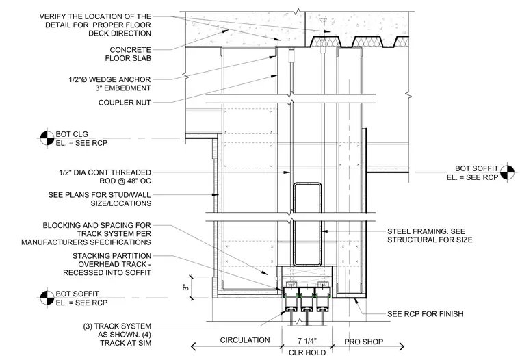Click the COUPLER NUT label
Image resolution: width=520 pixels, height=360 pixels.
(x=125, y=103)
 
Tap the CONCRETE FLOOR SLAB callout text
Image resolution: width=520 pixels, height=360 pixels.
(x=128, y=54)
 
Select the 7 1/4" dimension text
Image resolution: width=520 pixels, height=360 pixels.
(x=307, y=341)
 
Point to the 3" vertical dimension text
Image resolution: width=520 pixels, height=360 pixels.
(x=185, y=287)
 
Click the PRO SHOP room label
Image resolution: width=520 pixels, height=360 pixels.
(x=363, y=342)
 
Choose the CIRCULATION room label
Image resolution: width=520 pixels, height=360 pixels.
(x=245, y=340)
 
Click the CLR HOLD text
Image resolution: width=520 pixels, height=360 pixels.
(x=307, y=352)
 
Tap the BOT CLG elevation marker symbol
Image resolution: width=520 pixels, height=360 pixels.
(x=47, y=138)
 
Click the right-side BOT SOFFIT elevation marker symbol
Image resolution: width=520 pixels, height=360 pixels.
(x=508, y=172)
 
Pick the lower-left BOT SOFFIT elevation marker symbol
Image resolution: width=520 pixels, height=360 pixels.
(x=47, y=298)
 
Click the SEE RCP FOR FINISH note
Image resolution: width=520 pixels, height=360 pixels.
(x=425, y=314)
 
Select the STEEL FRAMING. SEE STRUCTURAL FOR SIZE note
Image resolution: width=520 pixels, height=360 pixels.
(x=430, y=235)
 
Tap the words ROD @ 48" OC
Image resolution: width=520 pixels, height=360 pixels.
(x=125, y=181)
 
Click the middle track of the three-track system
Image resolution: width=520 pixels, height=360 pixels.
(x=307, y=301)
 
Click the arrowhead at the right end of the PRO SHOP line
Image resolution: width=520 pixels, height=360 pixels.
(x=402, y=347)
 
